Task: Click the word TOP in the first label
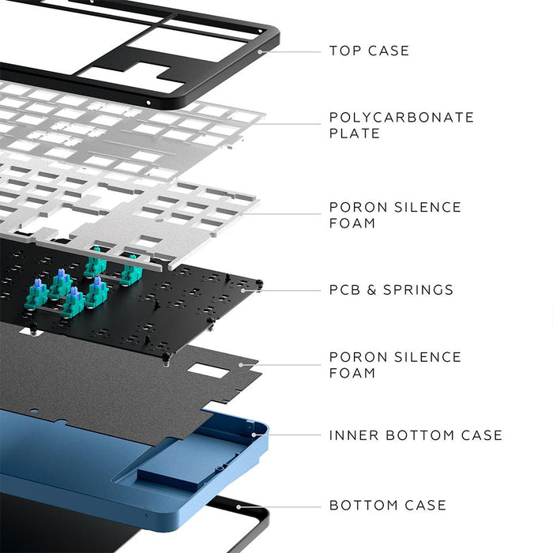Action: point(344,51)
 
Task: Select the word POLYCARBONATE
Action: point(401,117)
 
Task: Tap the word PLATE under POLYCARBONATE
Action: point(355,134)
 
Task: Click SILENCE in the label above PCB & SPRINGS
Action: point(426,207)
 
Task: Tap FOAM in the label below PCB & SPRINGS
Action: point(352,373)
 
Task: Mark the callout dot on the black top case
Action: point(261,51)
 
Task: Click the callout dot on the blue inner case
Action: point(254,434)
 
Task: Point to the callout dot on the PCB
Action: point(256,290)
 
